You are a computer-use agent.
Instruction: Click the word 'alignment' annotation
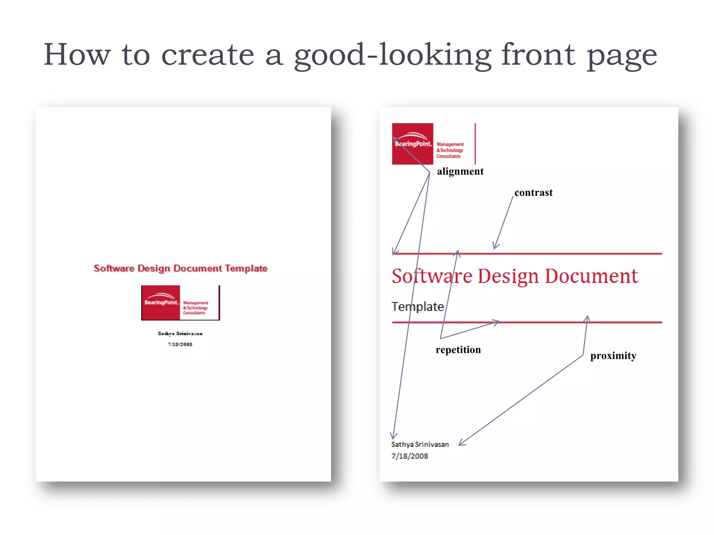(460, 171)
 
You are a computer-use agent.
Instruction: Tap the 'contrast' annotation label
(533, 193)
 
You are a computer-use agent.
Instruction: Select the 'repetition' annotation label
(458, 350)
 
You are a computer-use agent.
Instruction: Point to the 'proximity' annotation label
(613, 356)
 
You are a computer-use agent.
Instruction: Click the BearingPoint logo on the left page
(180, 303)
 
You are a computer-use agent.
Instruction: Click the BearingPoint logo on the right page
(433, 144)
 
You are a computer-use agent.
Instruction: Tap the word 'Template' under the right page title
(418, 307)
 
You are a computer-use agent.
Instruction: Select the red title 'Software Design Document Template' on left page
(181, 268)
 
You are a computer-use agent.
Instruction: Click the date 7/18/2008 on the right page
(410, 456)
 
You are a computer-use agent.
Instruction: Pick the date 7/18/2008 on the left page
(180, 344)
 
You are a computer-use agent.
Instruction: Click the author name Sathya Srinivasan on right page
(420, 444)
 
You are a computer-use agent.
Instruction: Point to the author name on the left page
(180, 334)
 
